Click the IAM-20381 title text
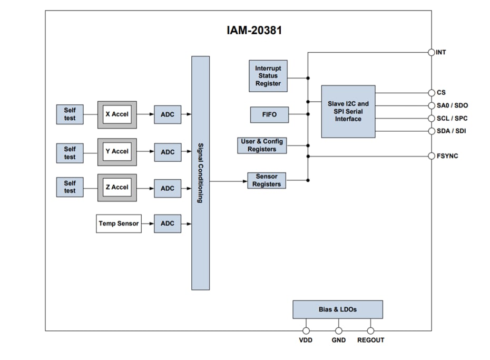tap(254, 31)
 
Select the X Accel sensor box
tap(117, 114)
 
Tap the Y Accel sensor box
tap(117, 151)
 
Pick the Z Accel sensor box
tap(117, 188)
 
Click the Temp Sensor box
tap(119, 223)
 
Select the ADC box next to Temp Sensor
tap(167, 223)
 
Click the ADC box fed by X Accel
tap(167, 114)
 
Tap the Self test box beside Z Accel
tap(70, 187)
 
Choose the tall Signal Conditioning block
tap(200, 173)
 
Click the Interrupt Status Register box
tap(268, 76)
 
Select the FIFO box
tap(269, 114)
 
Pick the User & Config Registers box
tap(262, 145)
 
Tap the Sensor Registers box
tap(267, 180)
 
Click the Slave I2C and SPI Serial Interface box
tap(348, 112)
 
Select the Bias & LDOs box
tap(337, 309)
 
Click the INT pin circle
tap(432, 52)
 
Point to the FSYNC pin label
tap(447, 156)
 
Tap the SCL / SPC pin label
tap(452, 118)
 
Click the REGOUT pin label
tap(370, 340)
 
